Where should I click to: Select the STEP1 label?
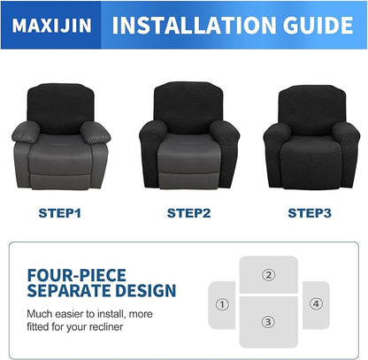61,212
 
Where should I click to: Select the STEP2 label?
189,212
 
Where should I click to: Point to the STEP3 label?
310,212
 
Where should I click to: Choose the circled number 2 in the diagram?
268,274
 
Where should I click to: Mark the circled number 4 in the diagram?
316,304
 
